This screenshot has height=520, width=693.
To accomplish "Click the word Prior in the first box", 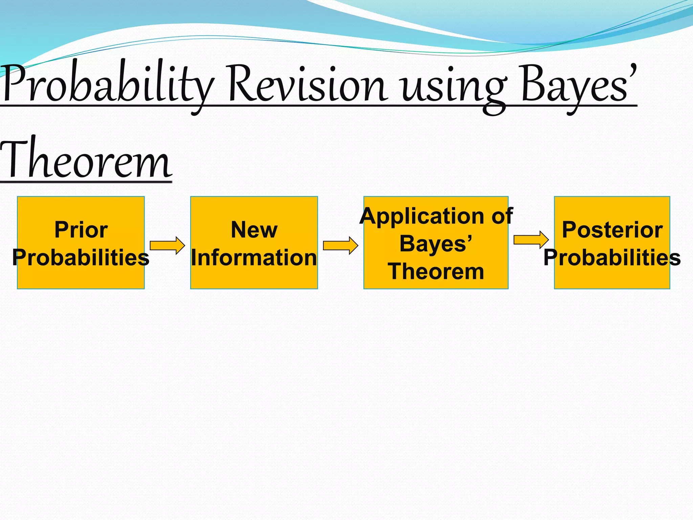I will coord(81,230).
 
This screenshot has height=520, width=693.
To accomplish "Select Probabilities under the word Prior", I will coord(81,257).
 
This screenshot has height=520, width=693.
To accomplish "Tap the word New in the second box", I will coord(254,230).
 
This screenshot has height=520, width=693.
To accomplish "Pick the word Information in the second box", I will coord(254,257).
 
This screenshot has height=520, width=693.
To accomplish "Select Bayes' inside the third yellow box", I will coord(436,244).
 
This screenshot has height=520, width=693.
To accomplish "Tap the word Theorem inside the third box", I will coord(436,272).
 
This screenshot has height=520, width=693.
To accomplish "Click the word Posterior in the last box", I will coord(612,230).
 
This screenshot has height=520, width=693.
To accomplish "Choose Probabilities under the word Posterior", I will coord(612,257).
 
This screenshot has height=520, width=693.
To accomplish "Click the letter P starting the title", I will coord(14,83).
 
